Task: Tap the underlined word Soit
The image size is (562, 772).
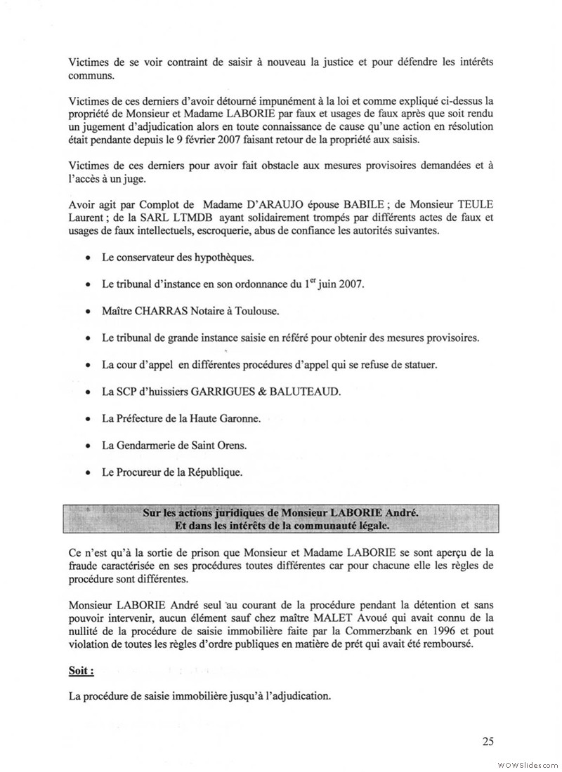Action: pos(80,671)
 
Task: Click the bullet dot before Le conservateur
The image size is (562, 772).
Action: pos(87,258)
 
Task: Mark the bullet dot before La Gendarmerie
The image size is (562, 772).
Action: pos(87,446)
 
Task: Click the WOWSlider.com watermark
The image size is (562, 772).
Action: pos(526,763)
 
